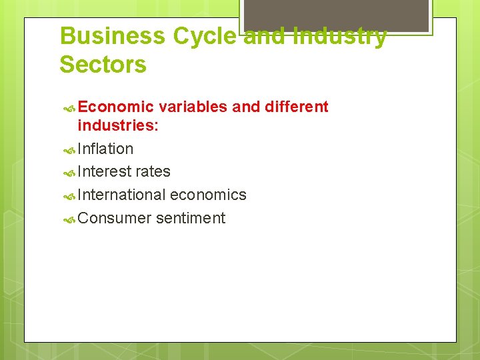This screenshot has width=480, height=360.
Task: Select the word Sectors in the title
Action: (x=103, y=65)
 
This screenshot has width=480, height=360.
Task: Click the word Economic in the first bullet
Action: (x=115, y=107)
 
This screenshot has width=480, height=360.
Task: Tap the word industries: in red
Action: (x=117, y=125)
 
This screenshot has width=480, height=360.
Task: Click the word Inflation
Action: (x=105, y=149)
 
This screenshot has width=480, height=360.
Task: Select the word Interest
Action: (x=105, y=172)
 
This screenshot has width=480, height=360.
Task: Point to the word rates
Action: (x=153, y=172)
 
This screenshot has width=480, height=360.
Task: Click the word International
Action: (x=121, y=195)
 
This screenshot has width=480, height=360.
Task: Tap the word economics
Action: (x=208, y=195)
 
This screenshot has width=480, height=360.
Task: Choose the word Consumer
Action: (x=114, y=219)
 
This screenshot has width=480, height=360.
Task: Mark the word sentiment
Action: (x=191, y=219)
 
